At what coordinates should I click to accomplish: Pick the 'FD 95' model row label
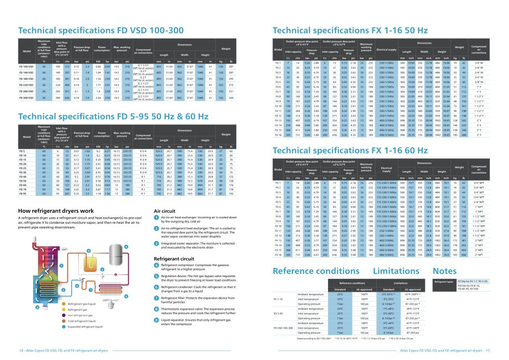22,193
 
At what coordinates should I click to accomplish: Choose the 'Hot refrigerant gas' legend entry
68,315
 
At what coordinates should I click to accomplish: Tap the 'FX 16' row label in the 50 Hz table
279,134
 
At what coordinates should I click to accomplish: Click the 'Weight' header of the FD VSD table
226,49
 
